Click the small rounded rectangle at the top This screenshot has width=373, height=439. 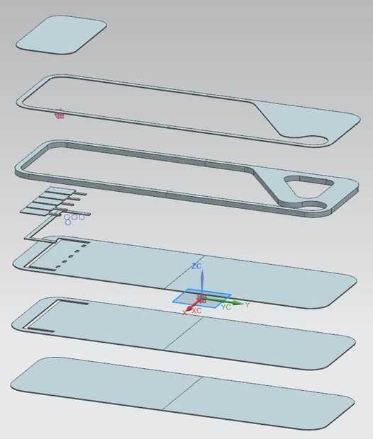pyautogui.click(x=61, y=35)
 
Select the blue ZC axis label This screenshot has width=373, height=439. pyautogui.click(x=196, y=266)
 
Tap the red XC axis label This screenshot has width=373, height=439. pyautogui.click(x=197, y=310)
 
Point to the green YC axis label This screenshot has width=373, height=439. pyautogui.click(x=226, y=307)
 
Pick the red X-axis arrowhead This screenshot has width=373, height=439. pyautogui.click(x=189, y=309)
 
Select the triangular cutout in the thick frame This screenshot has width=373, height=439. pyautogui.click(x=308, y=186)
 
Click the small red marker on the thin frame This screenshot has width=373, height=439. pyautogui.click(x=59, y=115)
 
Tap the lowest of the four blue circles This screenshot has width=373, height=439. pyautogui.click(x=68, y=222)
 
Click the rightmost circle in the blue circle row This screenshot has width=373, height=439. pyautogui.click(x=82, y=217)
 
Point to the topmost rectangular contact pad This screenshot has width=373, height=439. pyautogui.click(x=60, y=190)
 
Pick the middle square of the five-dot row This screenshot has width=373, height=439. pyautogui.click(x=71, y=256)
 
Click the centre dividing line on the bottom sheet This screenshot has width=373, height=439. pyautogui.click(x=182, y=394)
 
